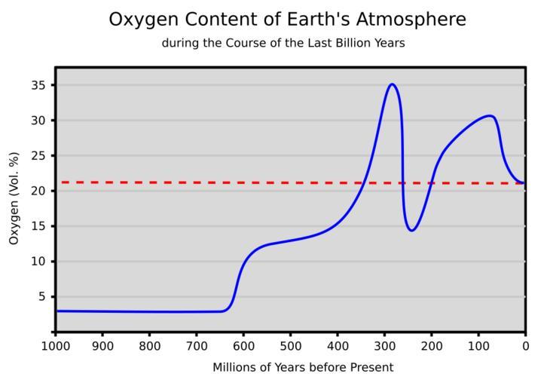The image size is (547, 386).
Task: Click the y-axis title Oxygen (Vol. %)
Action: (14, 198)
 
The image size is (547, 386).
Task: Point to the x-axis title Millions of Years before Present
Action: (303, 368)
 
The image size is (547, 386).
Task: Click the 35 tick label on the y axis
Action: (38, 85)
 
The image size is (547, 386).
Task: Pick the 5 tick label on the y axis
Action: (41, 297)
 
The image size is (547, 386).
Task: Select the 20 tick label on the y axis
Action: (38, 191)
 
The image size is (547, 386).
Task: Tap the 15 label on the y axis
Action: (38, 226)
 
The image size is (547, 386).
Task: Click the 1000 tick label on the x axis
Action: (56, 347)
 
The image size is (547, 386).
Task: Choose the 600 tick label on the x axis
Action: (243, 347)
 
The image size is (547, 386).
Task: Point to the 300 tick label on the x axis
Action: (384, 347)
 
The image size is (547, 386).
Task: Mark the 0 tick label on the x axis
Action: (525, 347)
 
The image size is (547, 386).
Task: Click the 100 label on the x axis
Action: (478, 347)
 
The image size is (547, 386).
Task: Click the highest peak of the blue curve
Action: (392, 84)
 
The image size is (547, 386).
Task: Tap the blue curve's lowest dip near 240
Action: (411, 230)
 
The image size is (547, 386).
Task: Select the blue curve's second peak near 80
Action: (490, 115)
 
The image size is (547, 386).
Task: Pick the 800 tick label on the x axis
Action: (149, 347)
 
